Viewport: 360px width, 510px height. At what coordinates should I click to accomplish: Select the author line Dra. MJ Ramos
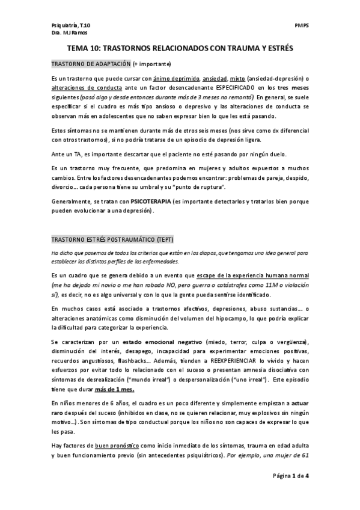67,33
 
